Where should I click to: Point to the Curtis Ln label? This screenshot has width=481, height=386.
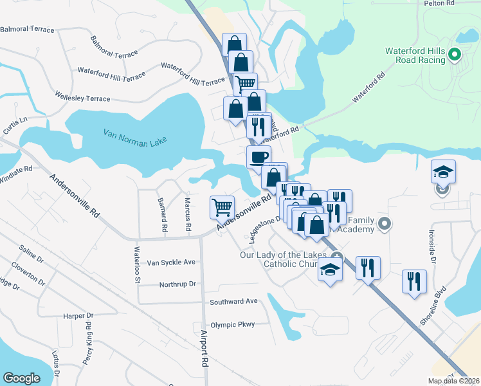click(x=15, y=125)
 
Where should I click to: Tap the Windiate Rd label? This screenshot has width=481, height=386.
click(x=15, y=171)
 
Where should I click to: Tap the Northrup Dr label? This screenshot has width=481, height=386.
click(x=177, y=284)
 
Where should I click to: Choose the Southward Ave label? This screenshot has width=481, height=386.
click(x=233, y=301)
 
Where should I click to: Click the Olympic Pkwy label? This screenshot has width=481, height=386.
click(x=233, y=325)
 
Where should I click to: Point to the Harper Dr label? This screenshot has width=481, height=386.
click(x=78, y=316)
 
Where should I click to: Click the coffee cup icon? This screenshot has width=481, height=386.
click(x=259, y=156)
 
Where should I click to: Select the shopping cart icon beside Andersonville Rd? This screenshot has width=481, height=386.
click(x=222, y=207)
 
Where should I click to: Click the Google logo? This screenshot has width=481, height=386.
click(x=22, y=378)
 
